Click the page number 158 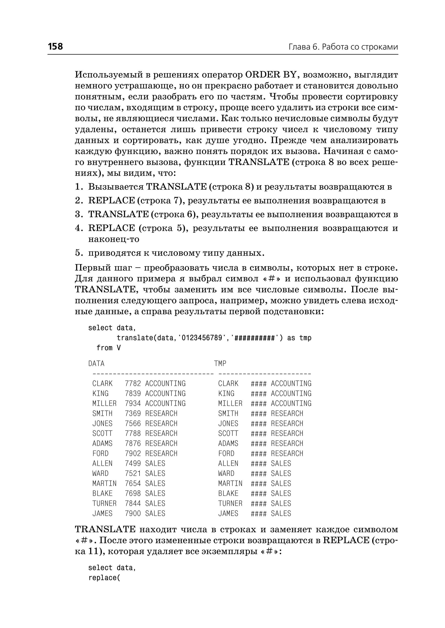[x=55, y=46]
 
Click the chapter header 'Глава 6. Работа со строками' [x=343, y=47]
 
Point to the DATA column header [x=96, y=364]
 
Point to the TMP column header [x=220, y=364]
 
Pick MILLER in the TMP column [x=230, y=403]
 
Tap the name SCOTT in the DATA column [x=102, y=434]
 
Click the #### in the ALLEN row [x=258, y=463]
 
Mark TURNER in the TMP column [x=230, y=503]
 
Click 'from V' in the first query [x=108, y=348]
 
